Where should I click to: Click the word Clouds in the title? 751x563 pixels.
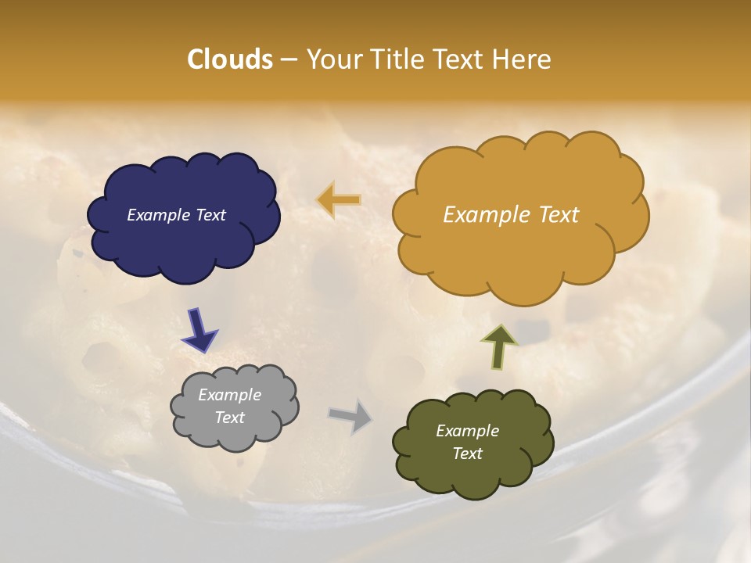point(230,59)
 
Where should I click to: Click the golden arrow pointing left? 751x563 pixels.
point(339,200)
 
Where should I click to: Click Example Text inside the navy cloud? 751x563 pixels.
point(176,215)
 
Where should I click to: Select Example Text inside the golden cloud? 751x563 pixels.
point(511,215)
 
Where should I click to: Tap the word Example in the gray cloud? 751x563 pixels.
point(229,396)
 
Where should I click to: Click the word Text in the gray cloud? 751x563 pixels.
point(229,418)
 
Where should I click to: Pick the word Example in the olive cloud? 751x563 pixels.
point(467,431)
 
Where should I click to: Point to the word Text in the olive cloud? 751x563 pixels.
point(467,454)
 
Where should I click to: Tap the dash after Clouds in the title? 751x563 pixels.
point(289,60)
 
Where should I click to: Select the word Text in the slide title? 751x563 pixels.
point(462,59)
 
